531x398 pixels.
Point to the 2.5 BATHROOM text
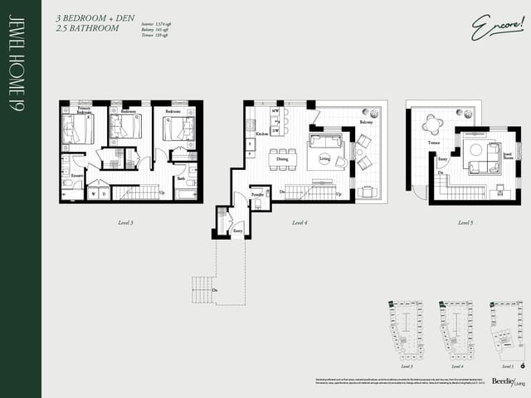[87, 28]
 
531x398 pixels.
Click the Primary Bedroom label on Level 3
[84, 109]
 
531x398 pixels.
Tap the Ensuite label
[76, 176]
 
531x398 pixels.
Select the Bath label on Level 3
[181, 178]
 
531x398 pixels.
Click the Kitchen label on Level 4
[261, 133]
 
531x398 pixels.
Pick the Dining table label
[282, 158]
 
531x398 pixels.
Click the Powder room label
[258, 197]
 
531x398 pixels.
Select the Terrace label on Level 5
[434, 143]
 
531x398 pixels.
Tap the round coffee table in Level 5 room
[476, 151]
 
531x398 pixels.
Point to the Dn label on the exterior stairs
[215, 289]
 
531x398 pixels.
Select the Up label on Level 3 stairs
[162, 193]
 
